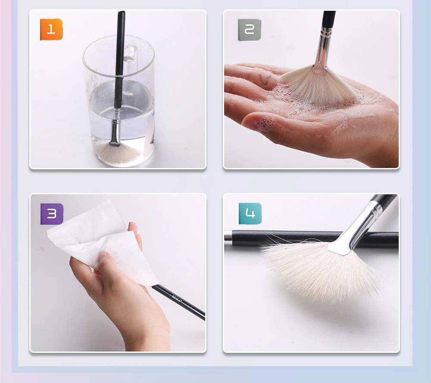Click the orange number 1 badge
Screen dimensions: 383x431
(51, 30)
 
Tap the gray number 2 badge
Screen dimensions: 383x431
(250, 30)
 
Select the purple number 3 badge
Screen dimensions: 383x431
(52, 214)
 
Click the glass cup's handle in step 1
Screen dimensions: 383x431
(132, 56)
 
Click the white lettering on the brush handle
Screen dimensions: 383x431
(177, 298)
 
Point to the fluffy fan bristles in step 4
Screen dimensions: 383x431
(319, 271)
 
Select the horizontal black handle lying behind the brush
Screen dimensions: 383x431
(293, 238)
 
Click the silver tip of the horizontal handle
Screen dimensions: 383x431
(228, 236)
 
